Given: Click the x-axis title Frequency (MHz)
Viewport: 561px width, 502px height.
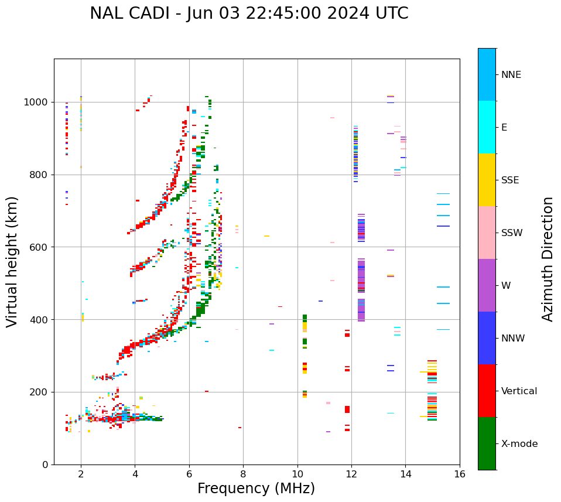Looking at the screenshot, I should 256,489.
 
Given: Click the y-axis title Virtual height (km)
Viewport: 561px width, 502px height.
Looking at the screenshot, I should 12,261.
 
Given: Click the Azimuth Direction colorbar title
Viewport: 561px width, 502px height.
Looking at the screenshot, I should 548,259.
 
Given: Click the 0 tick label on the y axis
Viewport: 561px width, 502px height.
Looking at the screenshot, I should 45,465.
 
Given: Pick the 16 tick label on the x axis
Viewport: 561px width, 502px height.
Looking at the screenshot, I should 459,474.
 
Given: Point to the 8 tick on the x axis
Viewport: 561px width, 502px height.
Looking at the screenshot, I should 243,474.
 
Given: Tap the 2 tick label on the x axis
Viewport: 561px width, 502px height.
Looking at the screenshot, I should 81,474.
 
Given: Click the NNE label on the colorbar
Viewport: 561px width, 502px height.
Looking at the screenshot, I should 511,75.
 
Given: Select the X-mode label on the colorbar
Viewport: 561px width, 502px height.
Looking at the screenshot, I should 519,444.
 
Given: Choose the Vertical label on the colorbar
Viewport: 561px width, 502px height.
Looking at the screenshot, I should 519,391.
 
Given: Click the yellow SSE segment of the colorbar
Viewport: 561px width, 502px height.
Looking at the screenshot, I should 487,180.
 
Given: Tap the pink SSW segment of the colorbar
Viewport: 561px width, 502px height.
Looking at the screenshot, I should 487,233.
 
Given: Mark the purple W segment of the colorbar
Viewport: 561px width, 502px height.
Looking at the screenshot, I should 487,285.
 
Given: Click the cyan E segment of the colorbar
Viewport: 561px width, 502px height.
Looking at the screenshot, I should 487,127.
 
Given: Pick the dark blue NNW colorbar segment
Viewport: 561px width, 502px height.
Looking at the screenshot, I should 487,338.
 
